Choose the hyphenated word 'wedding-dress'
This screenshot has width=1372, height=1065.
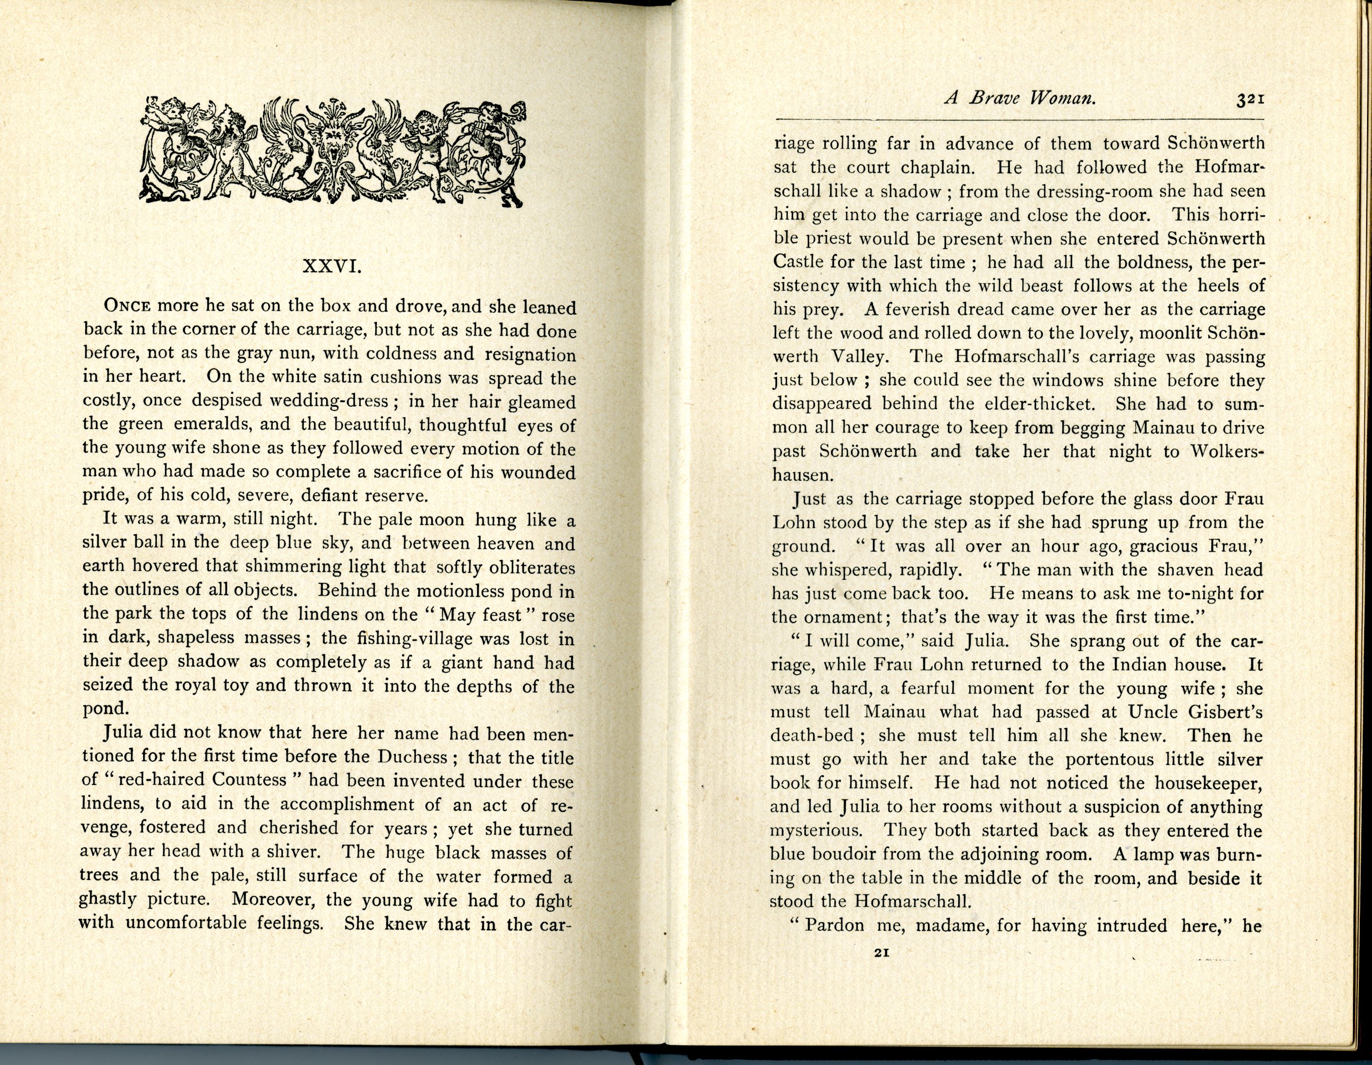point(339,401)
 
